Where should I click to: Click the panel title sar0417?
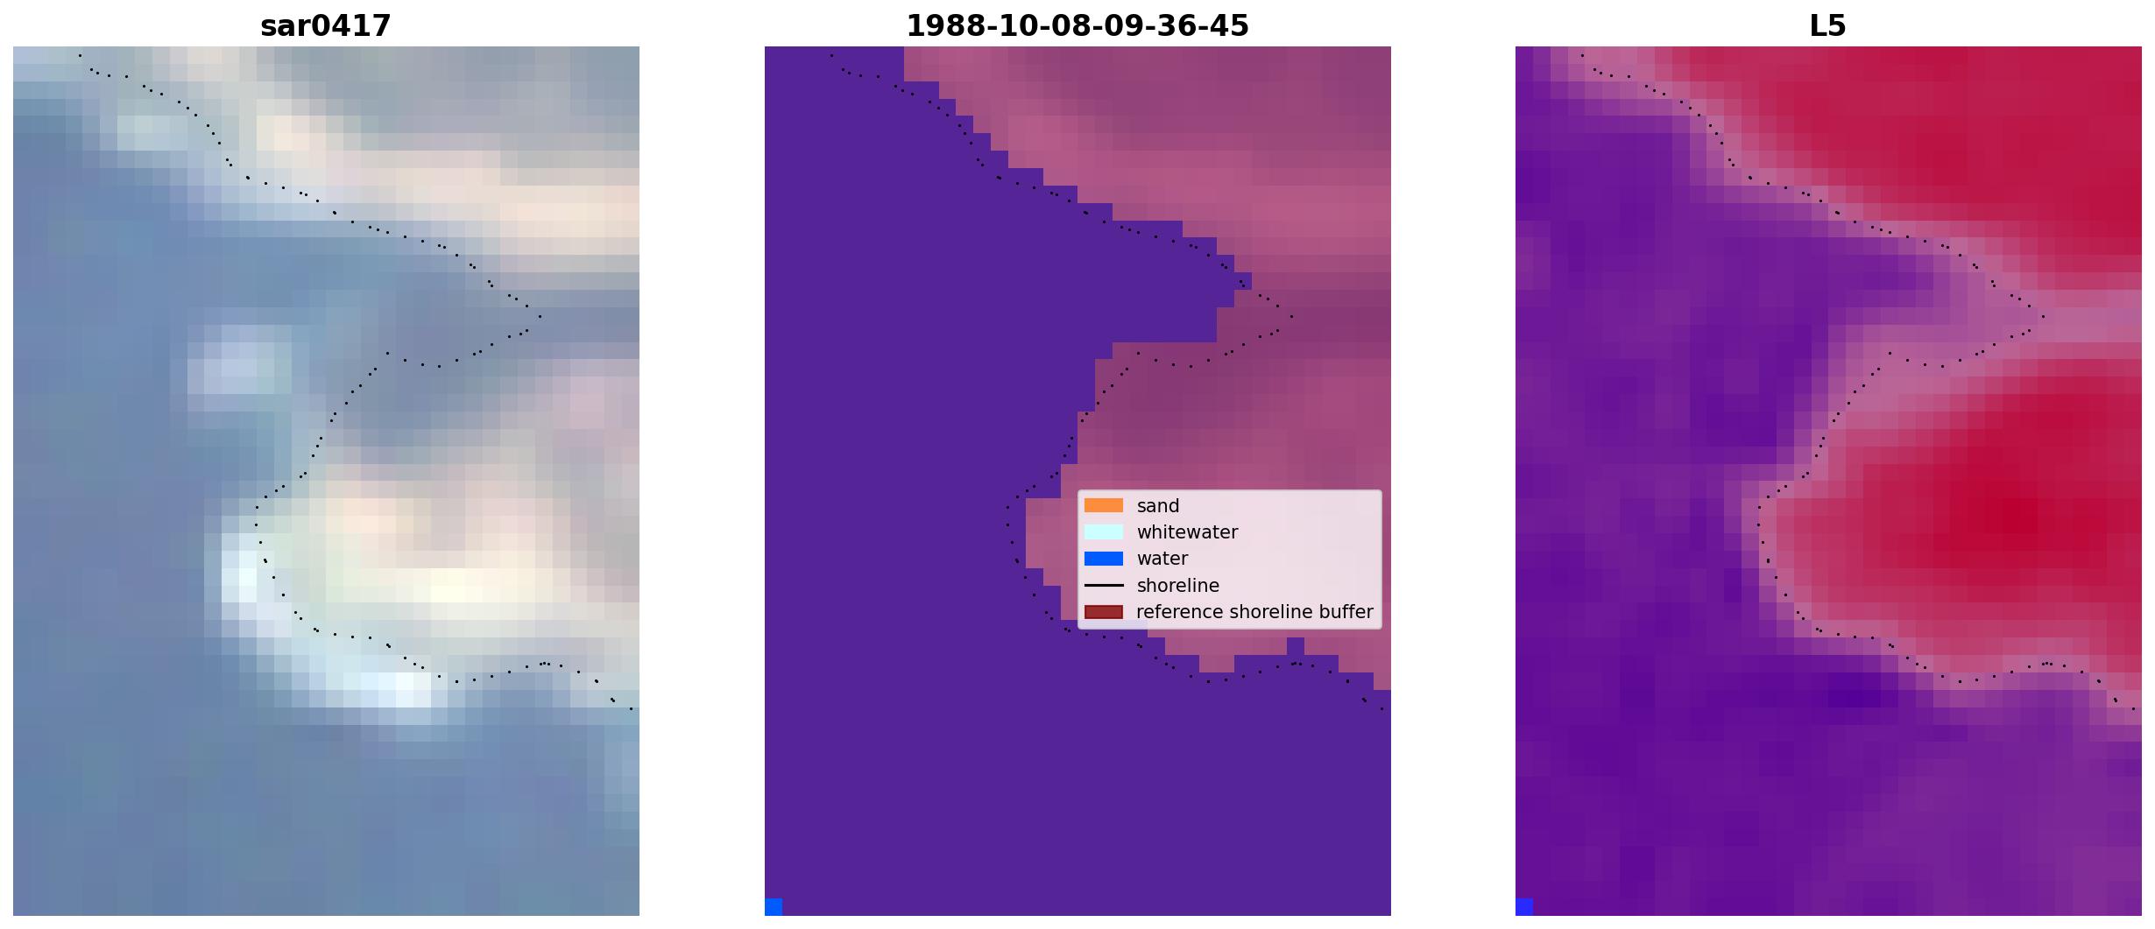(x=326, y=26)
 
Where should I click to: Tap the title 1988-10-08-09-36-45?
(x=1077, y=26)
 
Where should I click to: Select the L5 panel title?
(x=1828, y=26)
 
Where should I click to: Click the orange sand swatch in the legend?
(x=1104, y=505)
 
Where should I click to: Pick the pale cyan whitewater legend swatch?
(x=1104, y=531)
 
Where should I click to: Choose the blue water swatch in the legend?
(x=1104, y=559)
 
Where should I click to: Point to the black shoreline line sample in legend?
(x=1104, y=585)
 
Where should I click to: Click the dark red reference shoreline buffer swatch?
(x=1104, y=612)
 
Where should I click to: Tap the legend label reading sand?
(x=1158, y=506)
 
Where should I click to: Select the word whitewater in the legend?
(x=1187, y=532)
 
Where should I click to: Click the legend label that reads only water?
(x=1162, y=559)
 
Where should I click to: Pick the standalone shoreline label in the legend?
(x=1178, y=586)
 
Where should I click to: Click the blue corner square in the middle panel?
(x=774, y=907)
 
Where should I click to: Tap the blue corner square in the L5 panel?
(x=1524, y=907)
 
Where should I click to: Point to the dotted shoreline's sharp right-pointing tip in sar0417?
(x=541, y=316)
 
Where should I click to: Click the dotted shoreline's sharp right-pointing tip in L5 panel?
(x=2043, y=316)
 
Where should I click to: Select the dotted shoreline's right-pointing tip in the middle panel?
(x=1292, y=316)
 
